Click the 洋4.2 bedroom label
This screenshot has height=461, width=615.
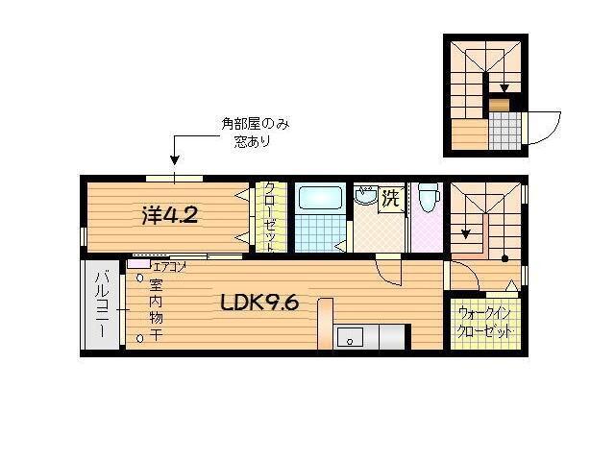[x=170, y=215]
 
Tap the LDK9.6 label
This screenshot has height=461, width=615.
[x=259, y=303]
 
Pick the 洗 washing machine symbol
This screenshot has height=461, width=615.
[x=389, y=200]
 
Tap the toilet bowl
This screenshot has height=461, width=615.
[x=429, y=198]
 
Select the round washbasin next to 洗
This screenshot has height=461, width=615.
[x=365, y=198]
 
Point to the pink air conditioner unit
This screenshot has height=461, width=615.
[x=137, y=263]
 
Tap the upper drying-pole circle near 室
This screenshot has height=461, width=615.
[x=140, y=279]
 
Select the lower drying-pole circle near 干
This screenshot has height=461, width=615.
[x=140, y=337]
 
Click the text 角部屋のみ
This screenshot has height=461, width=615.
[x=254, y=124]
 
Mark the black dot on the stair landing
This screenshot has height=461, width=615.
[x=504, y=259]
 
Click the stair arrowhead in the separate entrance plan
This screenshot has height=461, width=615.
[x=504, y=87]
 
